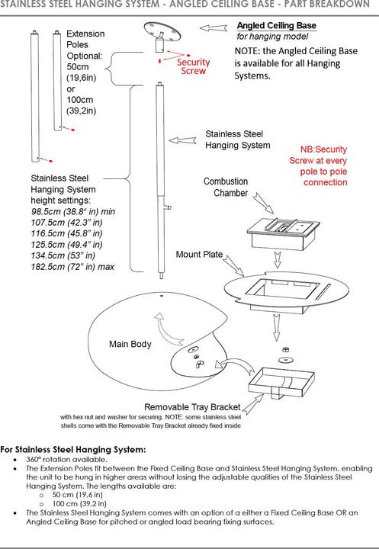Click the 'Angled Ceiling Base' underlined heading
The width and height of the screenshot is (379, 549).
click(277, 26)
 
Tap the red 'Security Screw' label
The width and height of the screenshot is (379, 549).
click(194, 66)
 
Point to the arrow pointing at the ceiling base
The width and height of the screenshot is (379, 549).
click(214, 27)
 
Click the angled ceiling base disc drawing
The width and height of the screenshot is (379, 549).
click(162, 30)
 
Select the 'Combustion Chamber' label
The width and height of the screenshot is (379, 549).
click(226, 188)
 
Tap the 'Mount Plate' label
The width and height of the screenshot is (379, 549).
click(199, 255)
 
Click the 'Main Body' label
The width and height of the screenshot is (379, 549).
click(130, 344)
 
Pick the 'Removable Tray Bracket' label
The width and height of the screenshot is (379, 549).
click(192, 407)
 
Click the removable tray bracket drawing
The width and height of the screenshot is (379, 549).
click(281, 383)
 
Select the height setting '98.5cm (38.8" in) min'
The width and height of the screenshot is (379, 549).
click(73, 211)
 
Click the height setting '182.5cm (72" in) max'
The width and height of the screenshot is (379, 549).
click(72, 267)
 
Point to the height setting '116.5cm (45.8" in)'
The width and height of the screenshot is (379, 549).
click(66, 233)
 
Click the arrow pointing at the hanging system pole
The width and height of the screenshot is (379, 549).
click(182, 140)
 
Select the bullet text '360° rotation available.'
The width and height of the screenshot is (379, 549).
click(66, 459)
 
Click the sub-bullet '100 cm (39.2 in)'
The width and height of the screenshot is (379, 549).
click(79, 504)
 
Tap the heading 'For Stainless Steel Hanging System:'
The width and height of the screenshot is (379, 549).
click(73, 450)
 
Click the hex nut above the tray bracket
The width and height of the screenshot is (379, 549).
click(285, 349)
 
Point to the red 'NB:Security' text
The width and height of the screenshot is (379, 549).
click(323, 149)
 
